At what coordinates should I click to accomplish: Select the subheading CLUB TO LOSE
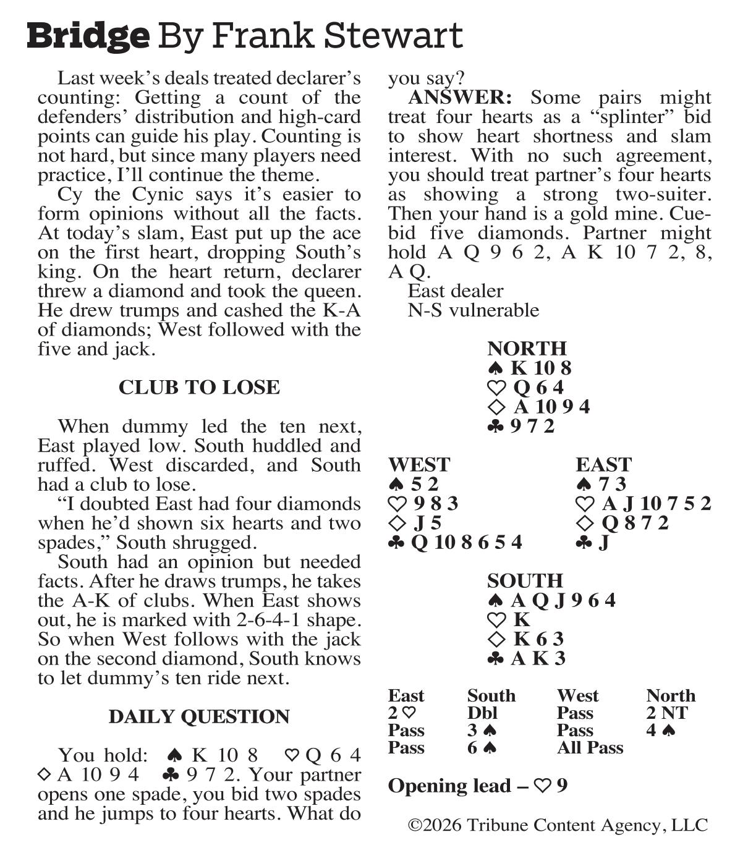[199, 388]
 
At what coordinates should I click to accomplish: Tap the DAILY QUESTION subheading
[199, 716]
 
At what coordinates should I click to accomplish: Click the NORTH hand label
[527, 349]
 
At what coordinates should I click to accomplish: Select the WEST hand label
[419, 465]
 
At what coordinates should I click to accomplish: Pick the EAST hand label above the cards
[603, 465]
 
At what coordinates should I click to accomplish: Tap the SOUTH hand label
[525, 581]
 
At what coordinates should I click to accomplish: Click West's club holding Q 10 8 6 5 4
[466, 543]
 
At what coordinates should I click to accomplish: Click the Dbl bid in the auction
[482, 713]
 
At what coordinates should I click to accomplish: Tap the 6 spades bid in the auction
[482, 748]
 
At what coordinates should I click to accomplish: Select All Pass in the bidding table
[590, 748]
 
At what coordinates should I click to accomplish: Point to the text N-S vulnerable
[473, 310]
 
